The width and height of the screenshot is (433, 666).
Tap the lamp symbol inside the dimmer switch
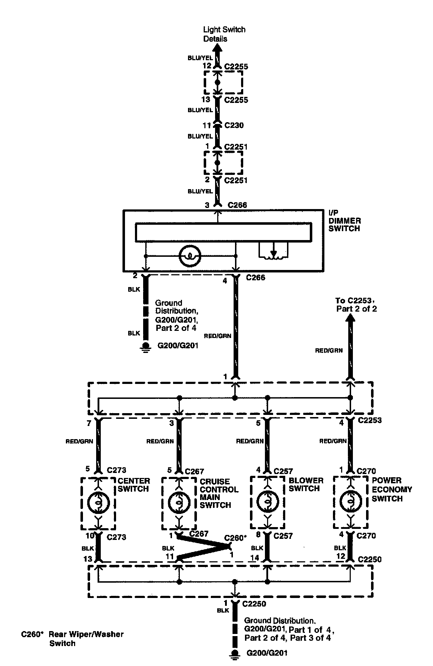[191, 255]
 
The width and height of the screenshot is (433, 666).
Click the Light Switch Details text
[224, 34]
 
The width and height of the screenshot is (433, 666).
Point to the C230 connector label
[234, 125]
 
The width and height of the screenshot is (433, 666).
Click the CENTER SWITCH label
[134, 485]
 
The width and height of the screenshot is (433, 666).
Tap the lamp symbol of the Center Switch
[98, 502]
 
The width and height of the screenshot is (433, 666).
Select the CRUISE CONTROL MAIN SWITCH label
[219, 493]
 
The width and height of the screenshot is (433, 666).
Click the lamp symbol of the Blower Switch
[267, 502]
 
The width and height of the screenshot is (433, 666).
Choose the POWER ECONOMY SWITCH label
[392, 489]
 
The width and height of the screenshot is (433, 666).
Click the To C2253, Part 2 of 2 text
[356, 305]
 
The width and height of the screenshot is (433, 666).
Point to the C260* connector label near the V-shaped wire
[235, 537]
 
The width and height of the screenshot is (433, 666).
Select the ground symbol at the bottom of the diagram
[235, 652]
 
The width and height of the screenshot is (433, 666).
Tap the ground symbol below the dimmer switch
[145, 346]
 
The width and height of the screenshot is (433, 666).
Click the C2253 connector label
[370, 420]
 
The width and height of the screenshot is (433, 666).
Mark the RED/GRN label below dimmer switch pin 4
[218, 335]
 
